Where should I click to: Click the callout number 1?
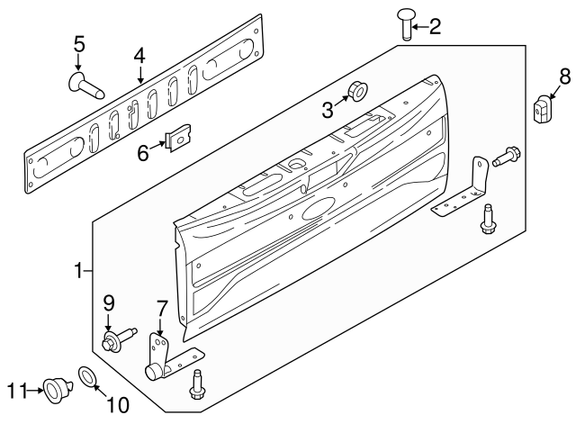(x=78, y=269)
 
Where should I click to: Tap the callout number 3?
(x=328, y=110)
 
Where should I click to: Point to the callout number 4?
(x=139, y=56)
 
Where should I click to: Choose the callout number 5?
(x=78, y=43)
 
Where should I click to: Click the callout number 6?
(x=143, y=153)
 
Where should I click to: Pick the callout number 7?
(x=161, y=310)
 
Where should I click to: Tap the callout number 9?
(x=109, y=302)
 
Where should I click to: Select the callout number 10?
(x=118, y=405)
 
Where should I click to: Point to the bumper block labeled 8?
(x=541, y=110)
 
